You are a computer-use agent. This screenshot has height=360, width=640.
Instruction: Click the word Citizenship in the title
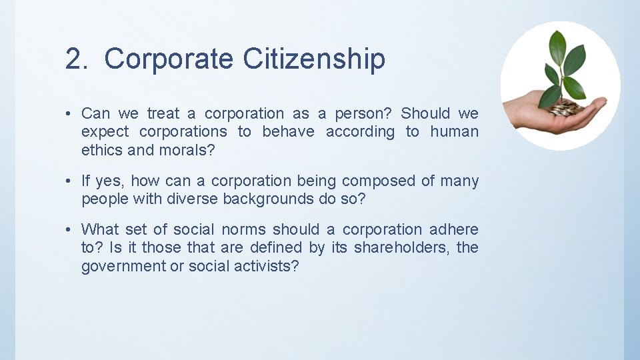314,59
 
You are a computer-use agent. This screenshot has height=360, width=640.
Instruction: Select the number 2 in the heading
73,59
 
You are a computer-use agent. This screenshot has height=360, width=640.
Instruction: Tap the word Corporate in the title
169,59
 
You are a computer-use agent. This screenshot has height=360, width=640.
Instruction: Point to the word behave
288,131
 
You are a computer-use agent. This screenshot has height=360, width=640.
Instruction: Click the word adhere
454,229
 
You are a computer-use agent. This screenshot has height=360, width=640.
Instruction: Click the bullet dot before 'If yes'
69,181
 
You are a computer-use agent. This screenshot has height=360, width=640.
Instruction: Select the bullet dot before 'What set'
69,229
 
